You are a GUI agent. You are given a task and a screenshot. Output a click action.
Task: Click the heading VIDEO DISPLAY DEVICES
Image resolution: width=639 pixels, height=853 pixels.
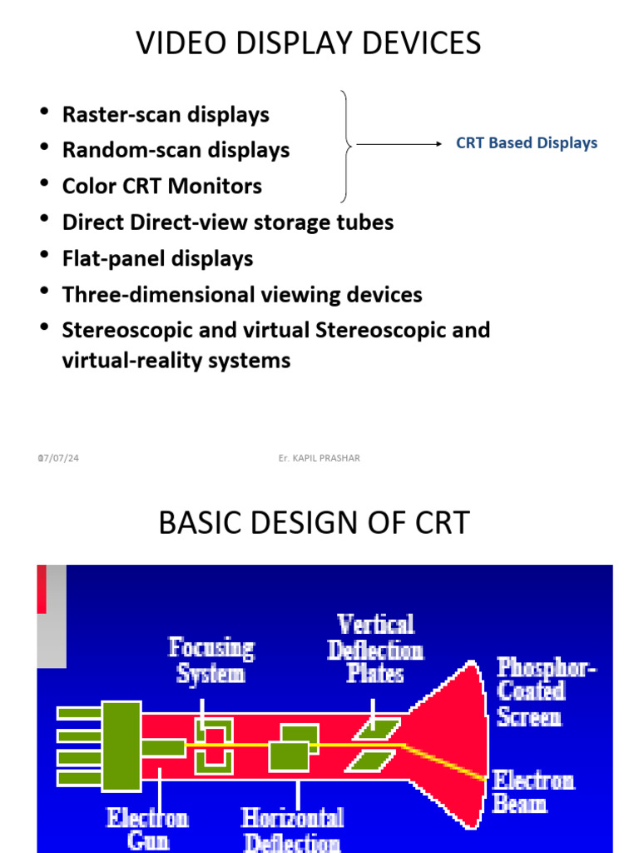pos(309,42)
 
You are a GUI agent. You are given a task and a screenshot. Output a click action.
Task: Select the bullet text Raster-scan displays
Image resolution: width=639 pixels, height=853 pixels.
pos(166,114)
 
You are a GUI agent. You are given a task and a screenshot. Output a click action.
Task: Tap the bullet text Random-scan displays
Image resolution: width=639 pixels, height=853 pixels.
pos(176,150)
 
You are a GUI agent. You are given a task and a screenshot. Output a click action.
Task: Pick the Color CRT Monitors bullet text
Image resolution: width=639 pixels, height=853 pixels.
pos(161,186)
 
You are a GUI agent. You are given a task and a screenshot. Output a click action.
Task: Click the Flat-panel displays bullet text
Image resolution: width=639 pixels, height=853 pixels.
pos(157,258)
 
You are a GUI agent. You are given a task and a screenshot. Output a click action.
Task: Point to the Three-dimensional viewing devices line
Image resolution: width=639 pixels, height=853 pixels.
pos(242,294)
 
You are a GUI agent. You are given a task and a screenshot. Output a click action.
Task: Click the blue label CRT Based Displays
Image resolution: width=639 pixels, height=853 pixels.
pos(527,143)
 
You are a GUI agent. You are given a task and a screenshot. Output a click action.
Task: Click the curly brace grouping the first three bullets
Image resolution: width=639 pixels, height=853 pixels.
pos(347,146)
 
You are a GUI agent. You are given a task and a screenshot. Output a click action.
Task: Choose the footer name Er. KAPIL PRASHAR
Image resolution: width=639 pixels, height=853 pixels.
pos(320,458)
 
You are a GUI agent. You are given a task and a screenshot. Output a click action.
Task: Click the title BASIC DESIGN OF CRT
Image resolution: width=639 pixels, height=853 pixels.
pos(314,523)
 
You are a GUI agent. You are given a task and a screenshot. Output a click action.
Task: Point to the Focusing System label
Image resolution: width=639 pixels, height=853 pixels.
pos(211,660)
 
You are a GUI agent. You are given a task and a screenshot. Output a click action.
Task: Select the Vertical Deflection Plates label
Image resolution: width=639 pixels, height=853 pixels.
pos(375,648)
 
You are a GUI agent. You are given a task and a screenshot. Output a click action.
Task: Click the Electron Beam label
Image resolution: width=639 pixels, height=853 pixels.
pos(533,791)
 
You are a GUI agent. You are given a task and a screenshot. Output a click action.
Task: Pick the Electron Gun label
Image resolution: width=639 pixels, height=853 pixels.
pos(148,829)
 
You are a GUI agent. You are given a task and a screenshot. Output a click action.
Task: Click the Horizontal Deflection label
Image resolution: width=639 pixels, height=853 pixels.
pos(292,829)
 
